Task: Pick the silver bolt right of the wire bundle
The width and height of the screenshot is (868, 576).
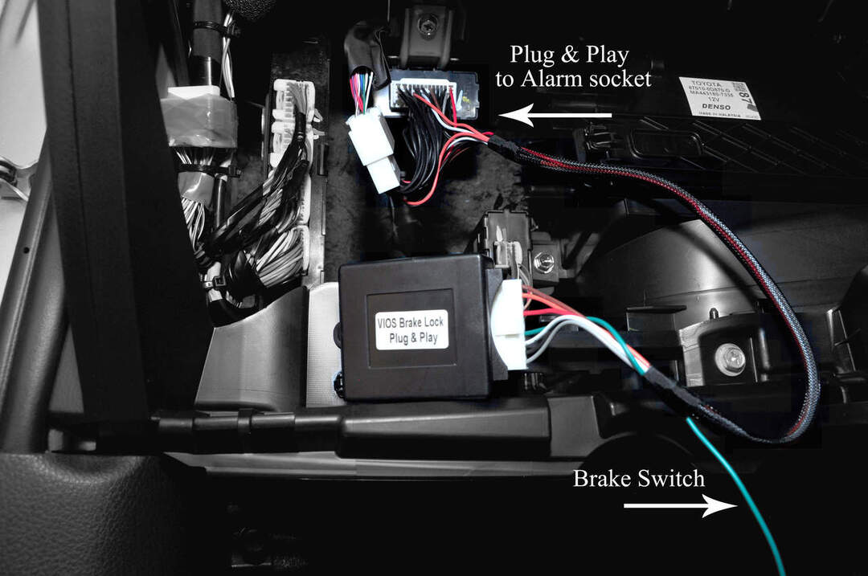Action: pos(729,359)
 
